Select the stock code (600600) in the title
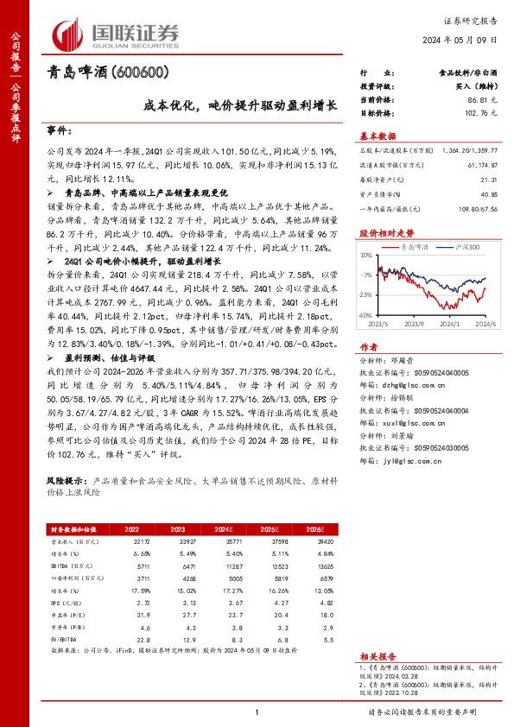tap(139, 73)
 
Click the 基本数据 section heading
tap(377, 136)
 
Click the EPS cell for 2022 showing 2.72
tap(132, 597)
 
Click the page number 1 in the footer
tap(257, 711)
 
